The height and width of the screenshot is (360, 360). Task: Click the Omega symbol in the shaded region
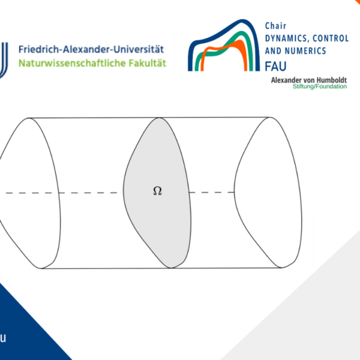pyautogui.click(x=157, y=191)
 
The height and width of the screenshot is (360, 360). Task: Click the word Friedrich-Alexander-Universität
pyautogui.click(x=91, y=49)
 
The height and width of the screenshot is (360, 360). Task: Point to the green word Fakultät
pyautogui.click(x=148, y=63)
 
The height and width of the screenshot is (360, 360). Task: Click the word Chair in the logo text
pyautogui.click(x=275, y=26)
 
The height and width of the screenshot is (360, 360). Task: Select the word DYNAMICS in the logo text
pyautogui.click(x=286, y=38)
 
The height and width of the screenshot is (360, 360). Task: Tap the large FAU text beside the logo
pyautogui.click(x=275, y=66)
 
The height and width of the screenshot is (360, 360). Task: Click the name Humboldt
pyautogui.click(x=332, y=80)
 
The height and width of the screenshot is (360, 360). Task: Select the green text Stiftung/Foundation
pyautogui.click(x=320, y=86)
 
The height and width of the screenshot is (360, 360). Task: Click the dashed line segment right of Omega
pyautogui.click(x=212, y=193)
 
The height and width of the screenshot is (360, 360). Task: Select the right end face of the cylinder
pyautogui.click(x=268, y=193)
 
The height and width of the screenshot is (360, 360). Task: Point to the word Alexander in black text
pyautogui.click(x=286, y=80)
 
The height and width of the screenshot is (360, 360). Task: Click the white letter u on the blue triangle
pyautogui.click(x=3, y=338)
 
